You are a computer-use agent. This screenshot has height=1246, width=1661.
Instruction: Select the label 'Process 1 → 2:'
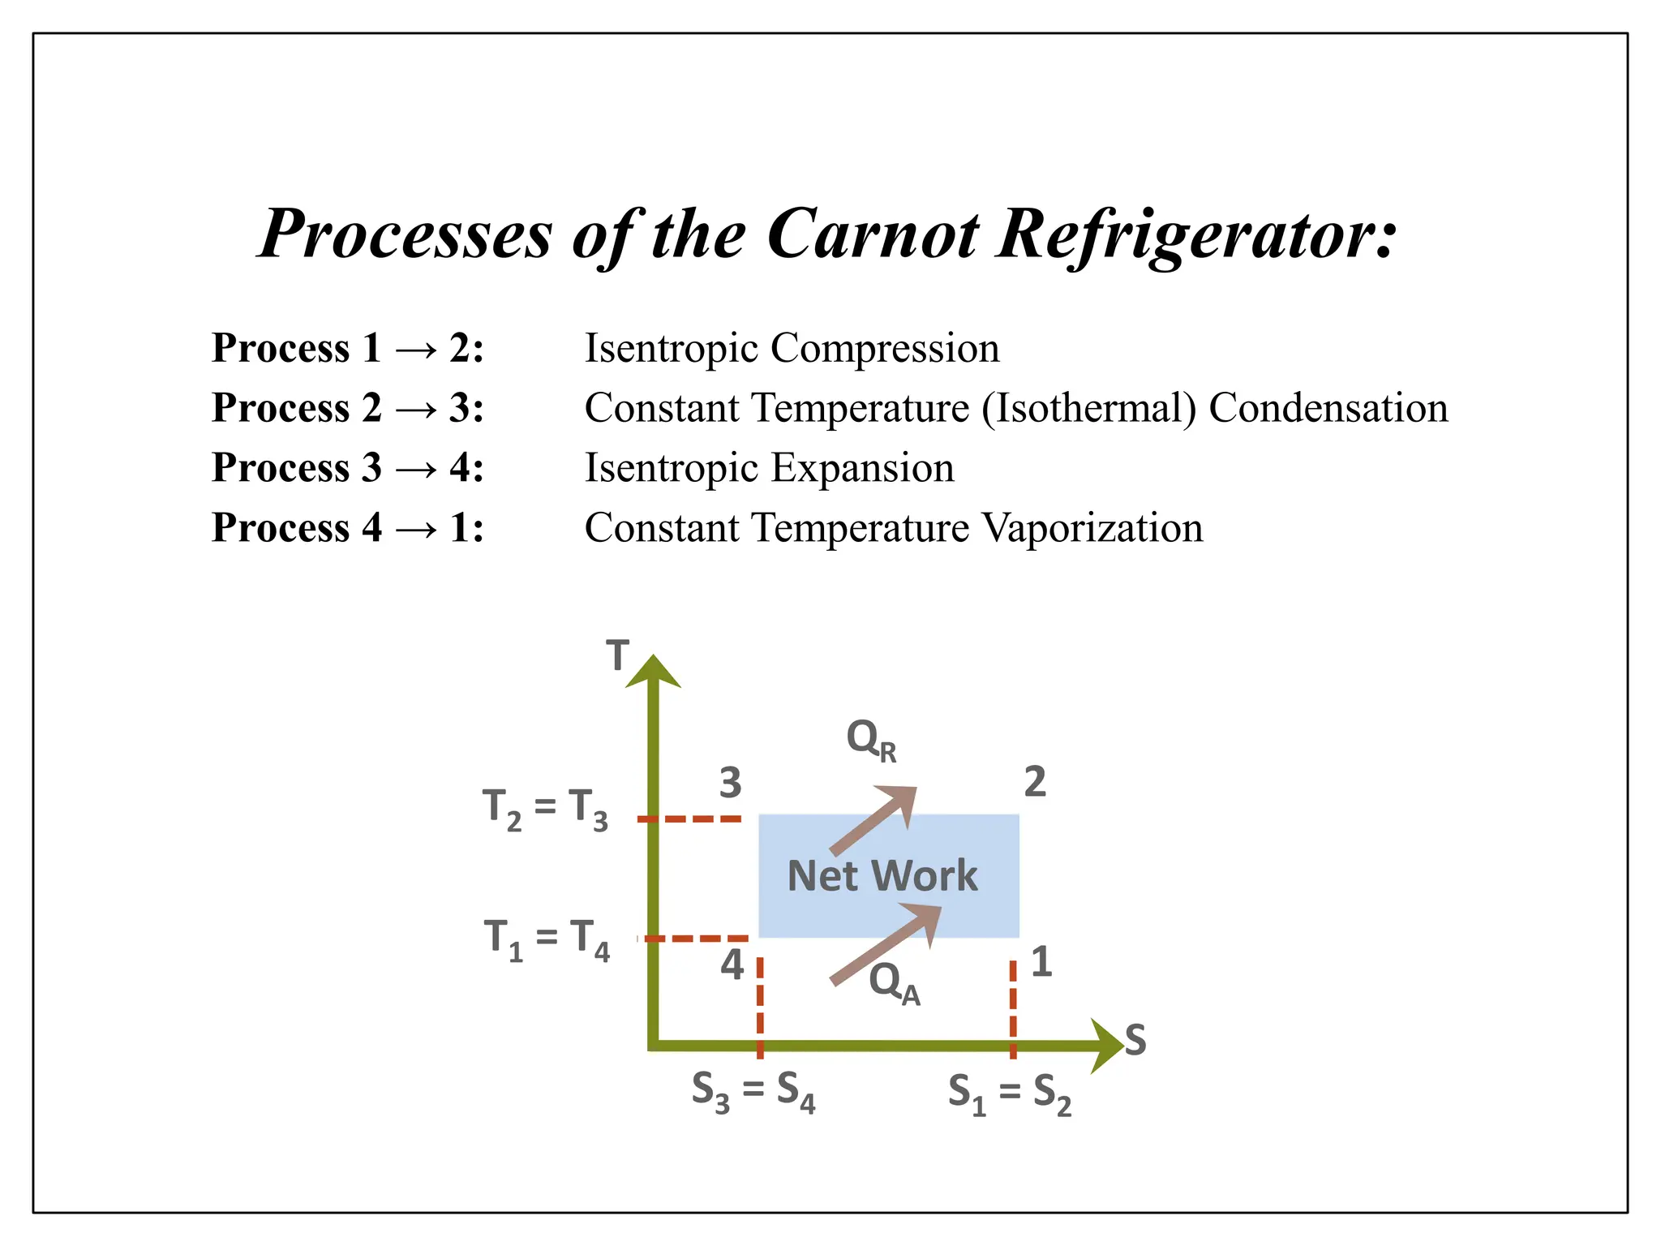[347, 348]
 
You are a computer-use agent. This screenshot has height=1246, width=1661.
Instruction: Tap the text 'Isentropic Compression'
[792, 348]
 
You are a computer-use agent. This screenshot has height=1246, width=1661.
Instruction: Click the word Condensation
[1328, 407]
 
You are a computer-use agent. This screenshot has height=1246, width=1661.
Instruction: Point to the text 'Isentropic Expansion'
[769, 467]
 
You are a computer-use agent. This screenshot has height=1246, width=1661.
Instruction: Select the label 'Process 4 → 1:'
[347, 527]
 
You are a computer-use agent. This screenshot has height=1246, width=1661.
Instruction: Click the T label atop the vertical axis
[618, 655]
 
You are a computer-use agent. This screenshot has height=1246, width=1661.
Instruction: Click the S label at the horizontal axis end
[1135, 1041]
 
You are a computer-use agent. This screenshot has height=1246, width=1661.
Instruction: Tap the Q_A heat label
[894, 982]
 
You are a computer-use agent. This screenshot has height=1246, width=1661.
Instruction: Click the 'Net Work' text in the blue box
[882, 876]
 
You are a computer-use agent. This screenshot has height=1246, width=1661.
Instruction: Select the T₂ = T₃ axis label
[545, 810]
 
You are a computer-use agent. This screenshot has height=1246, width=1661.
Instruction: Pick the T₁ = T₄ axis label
[546, 939]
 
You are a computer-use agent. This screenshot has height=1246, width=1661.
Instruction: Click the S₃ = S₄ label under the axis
[753, 1091]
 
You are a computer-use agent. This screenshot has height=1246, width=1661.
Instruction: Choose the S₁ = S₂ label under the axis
[1009, 1093]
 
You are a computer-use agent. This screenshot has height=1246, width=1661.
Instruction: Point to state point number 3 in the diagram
[730, 783]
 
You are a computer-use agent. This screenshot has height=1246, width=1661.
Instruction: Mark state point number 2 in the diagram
[1035, 782]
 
